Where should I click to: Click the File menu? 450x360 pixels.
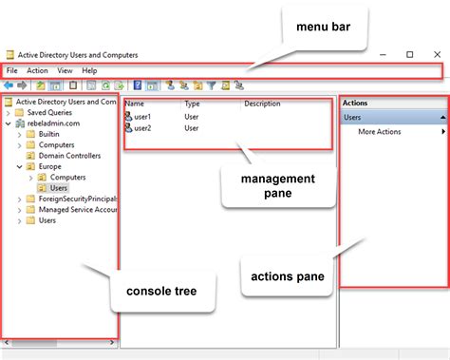tap(12, 70)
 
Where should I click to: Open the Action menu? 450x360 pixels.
tap(37, 70)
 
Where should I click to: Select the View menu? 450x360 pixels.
tap(65, 70)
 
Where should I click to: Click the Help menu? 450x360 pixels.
tap(89, 70)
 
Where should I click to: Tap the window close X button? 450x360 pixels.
tap(437, 54)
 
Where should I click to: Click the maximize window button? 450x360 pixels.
tap(410, 54)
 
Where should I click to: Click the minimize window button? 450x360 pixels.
tap(383, 55)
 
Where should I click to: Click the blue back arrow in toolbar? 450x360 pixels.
tap(9, 85)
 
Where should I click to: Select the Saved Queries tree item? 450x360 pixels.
tap(49, 112)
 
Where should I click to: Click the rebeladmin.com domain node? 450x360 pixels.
tap(53, 123)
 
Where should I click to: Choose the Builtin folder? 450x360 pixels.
tap(48, 134)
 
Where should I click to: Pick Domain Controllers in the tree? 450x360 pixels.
tap(69, 156)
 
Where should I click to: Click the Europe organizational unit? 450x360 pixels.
tap(49, 166)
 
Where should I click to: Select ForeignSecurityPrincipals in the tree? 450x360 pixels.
tap(78, 199)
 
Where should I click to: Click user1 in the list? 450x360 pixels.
tap(142, 117)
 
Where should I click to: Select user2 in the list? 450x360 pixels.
tap(142, 128)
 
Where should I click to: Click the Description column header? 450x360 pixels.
tap(262, 104)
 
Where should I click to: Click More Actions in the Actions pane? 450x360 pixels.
tap(380, 132)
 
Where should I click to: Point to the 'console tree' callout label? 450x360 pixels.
tap(161, 291)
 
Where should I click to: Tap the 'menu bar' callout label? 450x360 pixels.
tap(323, 27)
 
